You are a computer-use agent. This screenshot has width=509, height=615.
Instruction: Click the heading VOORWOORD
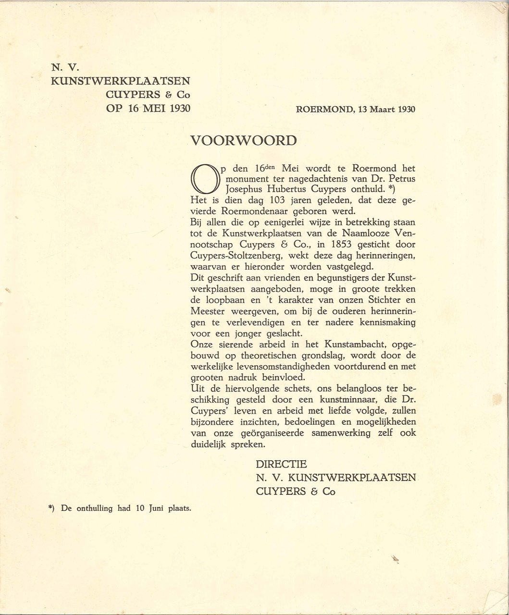[244, 141]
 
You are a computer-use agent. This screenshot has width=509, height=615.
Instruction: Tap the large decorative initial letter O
[204, 178]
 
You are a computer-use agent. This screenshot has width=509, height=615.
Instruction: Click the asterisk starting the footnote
[50, 507]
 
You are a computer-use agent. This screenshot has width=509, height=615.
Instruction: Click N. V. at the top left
[61, 67]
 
